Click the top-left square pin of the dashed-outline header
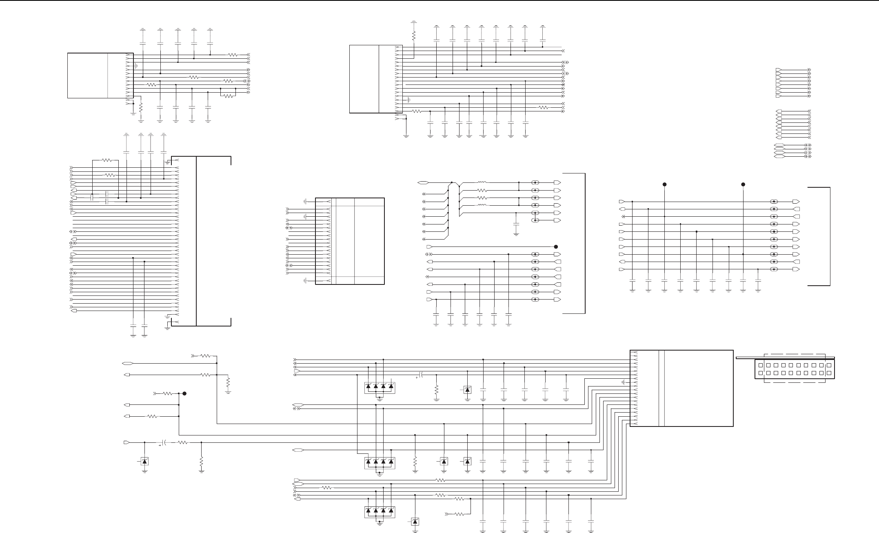point(761,365)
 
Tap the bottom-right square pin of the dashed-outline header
point(829,373)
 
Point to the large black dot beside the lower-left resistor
point(184,394)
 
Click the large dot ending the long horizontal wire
point(556,247)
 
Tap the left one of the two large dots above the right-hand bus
point(664,184)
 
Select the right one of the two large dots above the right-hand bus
point(743,184)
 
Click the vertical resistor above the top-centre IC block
point(414,36)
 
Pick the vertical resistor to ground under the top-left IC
point(141,108)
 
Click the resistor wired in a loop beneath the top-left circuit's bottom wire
point(228,96)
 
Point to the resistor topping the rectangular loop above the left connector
point(107,160)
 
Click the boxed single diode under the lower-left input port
point(144,461)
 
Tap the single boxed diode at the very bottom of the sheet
point(415,522)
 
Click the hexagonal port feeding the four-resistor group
point(422,182)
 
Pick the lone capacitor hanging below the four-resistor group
point(516,225)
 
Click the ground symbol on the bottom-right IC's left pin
point(623,382)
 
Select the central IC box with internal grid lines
point(350,241)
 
